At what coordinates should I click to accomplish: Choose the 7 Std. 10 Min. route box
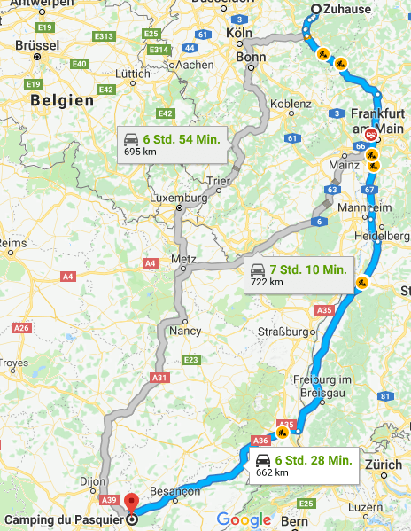pos(299,274)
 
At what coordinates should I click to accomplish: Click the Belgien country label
pos(62,101)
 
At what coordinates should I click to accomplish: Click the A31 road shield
pos(159,378)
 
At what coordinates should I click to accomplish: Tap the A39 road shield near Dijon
pos(108,499)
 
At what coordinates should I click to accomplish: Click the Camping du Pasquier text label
pos(62,519)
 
